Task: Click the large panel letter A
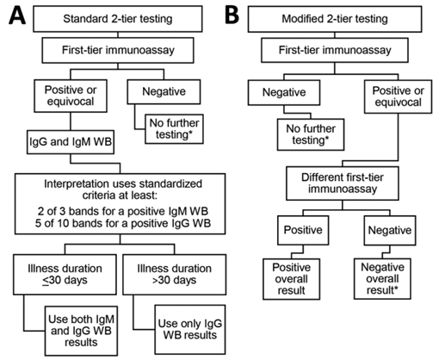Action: coord(17,16)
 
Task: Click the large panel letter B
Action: coord(232,16)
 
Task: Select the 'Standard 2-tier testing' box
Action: coord(118,19)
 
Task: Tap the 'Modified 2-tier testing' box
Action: coord(335,19)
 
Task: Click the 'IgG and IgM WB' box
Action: coord(71,142)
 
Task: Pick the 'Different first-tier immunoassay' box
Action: coord(343,183)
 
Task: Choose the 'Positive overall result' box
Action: coord(292,279)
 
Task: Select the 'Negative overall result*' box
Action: coord(382,279)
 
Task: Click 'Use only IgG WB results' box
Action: coord(190,329)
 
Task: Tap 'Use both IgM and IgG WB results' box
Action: coord(81,331)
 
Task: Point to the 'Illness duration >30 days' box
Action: coord(175,275)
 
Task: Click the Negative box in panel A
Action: coord(164,92)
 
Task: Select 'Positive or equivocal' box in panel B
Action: coord(398,96)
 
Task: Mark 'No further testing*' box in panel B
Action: coord(311,134)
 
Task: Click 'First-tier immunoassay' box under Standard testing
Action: coord(118,50)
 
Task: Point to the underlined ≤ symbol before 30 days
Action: coord(46,281)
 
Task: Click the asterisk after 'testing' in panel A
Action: coord(190,133)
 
